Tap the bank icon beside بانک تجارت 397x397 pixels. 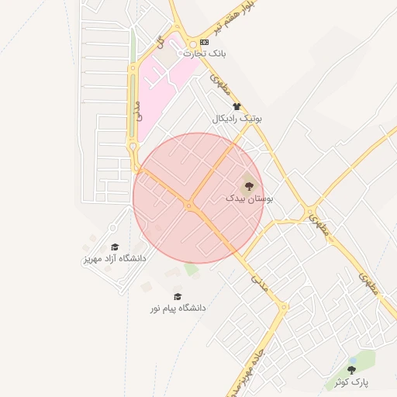point(204,42)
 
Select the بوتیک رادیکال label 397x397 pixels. point(237,119)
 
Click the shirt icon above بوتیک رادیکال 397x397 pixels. point(236,107)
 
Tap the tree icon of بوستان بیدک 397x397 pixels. point(249,185)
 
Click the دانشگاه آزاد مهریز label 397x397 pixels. point(114,258)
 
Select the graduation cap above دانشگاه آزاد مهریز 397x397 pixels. point(115,247)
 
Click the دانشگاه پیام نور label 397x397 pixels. point(178,308)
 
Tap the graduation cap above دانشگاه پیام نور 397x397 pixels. point(178,296)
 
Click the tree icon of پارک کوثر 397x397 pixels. point(352,370)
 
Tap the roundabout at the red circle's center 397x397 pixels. point(188,205)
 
